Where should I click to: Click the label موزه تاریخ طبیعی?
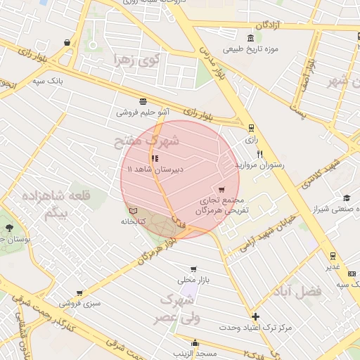tap(252, 49)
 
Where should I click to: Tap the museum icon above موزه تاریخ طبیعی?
tap(251, 38)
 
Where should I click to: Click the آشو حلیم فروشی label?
tap(143, 112)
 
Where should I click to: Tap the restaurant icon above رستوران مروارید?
tap(259, 154)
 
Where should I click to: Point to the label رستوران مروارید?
tap(259, 165)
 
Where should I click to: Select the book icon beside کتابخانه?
tap(134, 210)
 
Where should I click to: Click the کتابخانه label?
tap(133, 221)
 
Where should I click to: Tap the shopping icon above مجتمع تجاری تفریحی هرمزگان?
tap(222, 189)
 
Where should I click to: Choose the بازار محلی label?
tap(193, 279)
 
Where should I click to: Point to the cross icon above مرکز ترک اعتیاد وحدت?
tap(255, 316)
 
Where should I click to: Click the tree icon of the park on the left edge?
tap(8, 228)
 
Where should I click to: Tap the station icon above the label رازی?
tap(251, 128)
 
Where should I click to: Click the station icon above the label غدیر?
tap(333, 256)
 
